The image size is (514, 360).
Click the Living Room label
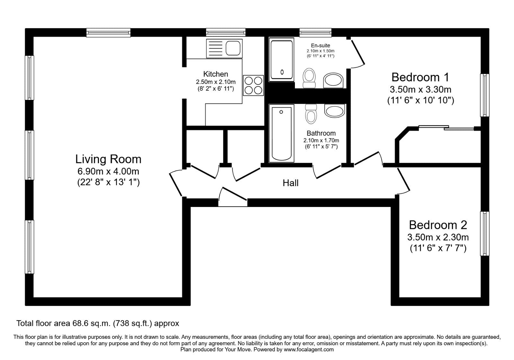(108, 159)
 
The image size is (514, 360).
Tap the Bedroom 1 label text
(420, 77)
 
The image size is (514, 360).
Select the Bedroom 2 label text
(438, 225)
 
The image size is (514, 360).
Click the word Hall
(290, 183)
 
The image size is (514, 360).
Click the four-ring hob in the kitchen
(253, 85)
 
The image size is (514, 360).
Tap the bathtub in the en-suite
(282, 59)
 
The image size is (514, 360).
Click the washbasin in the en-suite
(333, 80)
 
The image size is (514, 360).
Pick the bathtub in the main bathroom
(282, 133)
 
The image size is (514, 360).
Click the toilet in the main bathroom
(311, 114)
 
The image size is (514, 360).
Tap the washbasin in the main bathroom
(334, 111)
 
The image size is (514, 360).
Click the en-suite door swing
(357, 55)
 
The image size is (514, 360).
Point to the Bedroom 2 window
(485, 234)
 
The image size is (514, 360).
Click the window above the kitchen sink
(226, 32)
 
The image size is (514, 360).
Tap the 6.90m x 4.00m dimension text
(108, 171)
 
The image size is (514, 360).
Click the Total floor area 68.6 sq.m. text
(98, 323)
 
